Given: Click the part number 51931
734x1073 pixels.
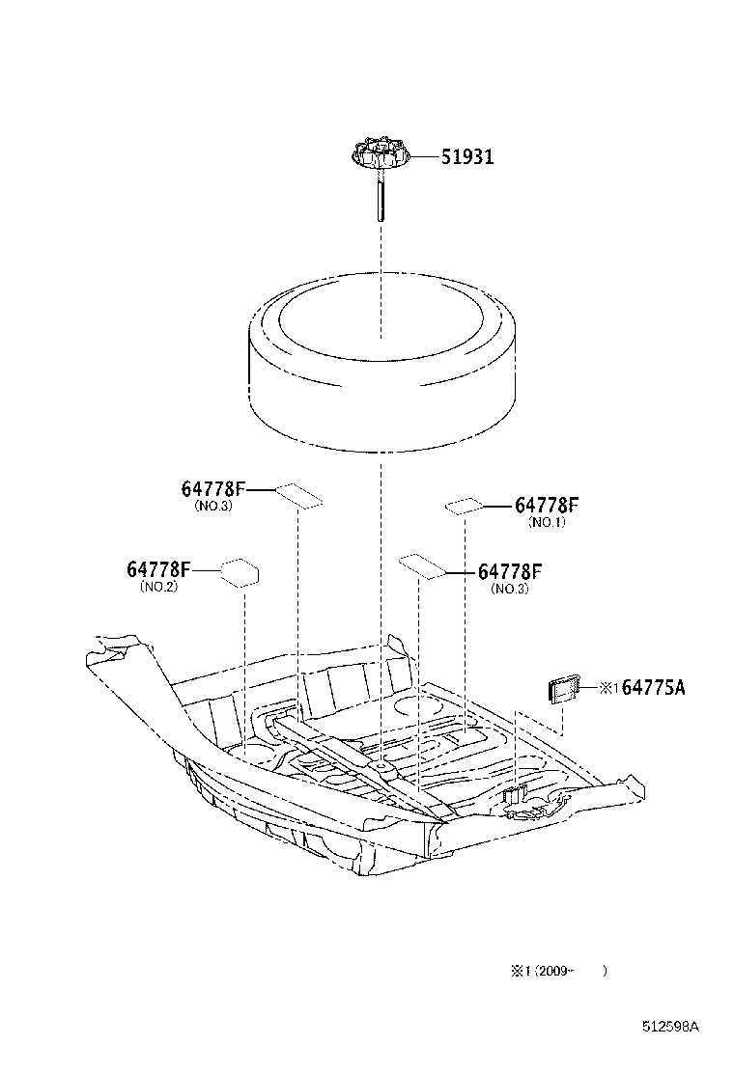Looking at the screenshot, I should [467, 156].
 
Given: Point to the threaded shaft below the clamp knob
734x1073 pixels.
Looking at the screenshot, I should [380, 198].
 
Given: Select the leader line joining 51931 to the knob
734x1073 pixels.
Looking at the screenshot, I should [426, 156].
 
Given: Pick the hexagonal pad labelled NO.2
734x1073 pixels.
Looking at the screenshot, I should [240, 572].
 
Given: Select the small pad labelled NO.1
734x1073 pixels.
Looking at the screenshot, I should [464, 505].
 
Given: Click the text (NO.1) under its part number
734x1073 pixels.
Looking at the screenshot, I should [547, 522].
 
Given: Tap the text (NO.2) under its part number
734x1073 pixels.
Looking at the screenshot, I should [158, 586].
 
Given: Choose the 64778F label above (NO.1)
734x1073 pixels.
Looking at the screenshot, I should [547, 505].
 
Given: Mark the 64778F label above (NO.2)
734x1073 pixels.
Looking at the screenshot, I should [158, 569].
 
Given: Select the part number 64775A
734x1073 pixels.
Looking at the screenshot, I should [654, 687].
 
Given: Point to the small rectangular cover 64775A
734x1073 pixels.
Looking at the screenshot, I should [562, 688].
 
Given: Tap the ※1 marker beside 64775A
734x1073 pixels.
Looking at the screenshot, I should [608, 688].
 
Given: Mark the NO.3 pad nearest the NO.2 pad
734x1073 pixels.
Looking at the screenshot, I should [298, 495].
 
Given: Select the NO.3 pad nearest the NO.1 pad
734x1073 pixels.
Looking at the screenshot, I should [422, 565].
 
